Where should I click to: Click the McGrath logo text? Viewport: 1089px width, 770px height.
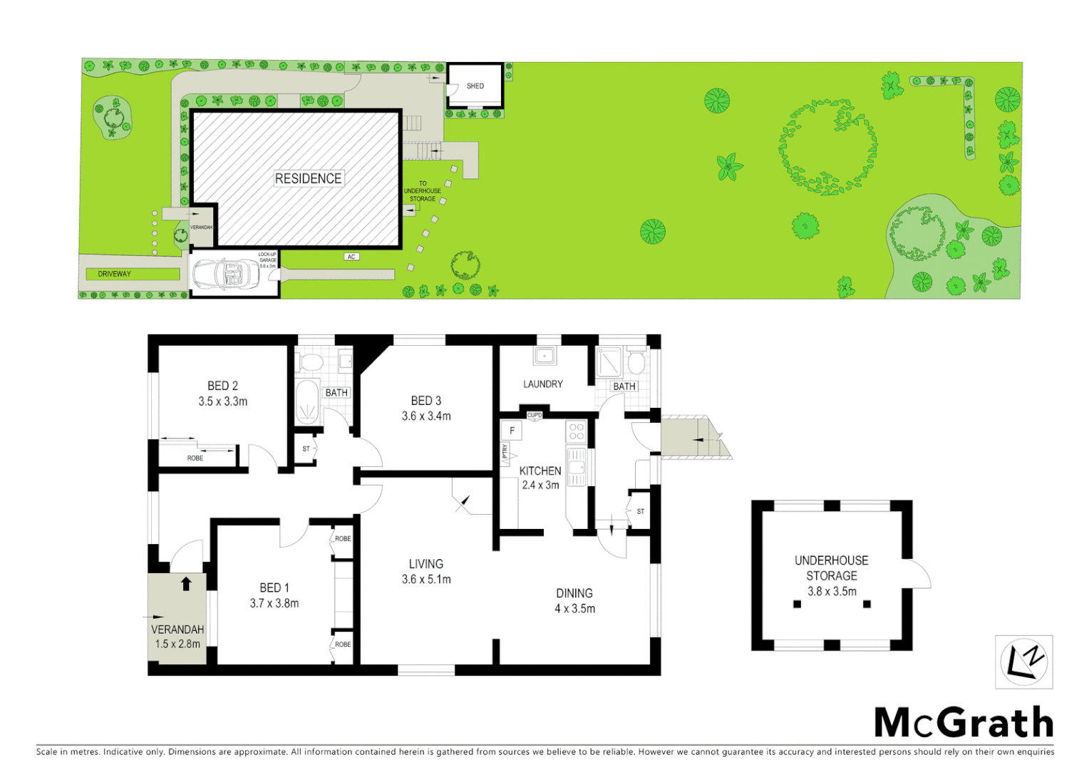pyautogui.click(x=964, y=723)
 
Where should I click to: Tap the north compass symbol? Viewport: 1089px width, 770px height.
pyautogui.click(x=1023, y=662)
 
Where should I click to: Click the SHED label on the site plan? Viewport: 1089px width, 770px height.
pyautogui.click(x=475, y=86)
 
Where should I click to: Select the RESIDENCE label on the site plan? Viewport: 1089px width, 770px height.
pyautogui.click(x=308, y=178)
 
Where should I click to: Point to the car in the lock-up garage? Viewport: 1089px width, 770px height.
pyautogui.click(x=226, y=274)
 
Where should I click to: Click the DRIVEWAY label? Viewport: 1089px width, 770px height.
pyautogui.click(x=114, y=274)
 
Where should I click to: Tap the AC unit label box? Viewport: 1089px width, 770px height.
pyautogui.click(x=351, y=257)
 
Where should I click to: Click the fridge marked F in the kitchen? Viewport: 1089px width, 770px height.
pyautogui.click(x=512, y=431)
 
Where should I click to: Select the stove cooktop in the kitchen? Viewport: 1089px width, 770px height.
pyautogui.click(x=576, y=431)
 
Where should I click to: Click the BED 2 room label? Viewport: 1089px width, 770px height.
pyautogui.click(x=222, y=386)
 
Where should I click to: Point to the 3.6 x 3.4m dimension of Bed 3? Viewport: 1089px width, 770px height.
pyautogui.click(x=426, y=416)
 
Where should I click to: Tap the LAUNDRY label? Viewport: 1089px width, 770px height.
pyautogui.click(x=543, y=384)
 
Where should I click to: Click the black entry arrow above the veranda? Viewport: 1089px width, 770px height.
pyautogui.click(x=186, y=584)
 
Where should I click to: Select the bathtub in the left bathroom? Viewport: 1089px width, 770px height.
pyautogui.click(x=307, y=402)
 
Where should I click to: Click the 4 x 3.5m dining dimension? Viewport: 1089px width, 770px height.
pyautogui.click(x=574, y=609)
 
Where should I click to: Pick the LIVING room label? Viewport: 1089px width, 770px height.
pyautogui.click(x=426, y=564)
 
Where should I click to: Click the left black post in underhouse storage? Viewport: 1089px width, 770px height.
pyautogui.click(x=797, y=604)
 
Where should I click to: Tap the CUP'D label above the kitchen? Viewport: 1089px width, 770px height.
pyautogui.click(x=535, y=415)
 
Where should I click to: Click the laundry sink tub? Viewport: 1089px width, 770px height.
pyautogui.click(x=545, y=355)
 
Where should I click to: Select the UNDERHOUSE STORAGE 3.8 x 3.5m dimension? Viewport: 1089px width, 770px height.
pyautogui.click(x=832, y=591)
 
